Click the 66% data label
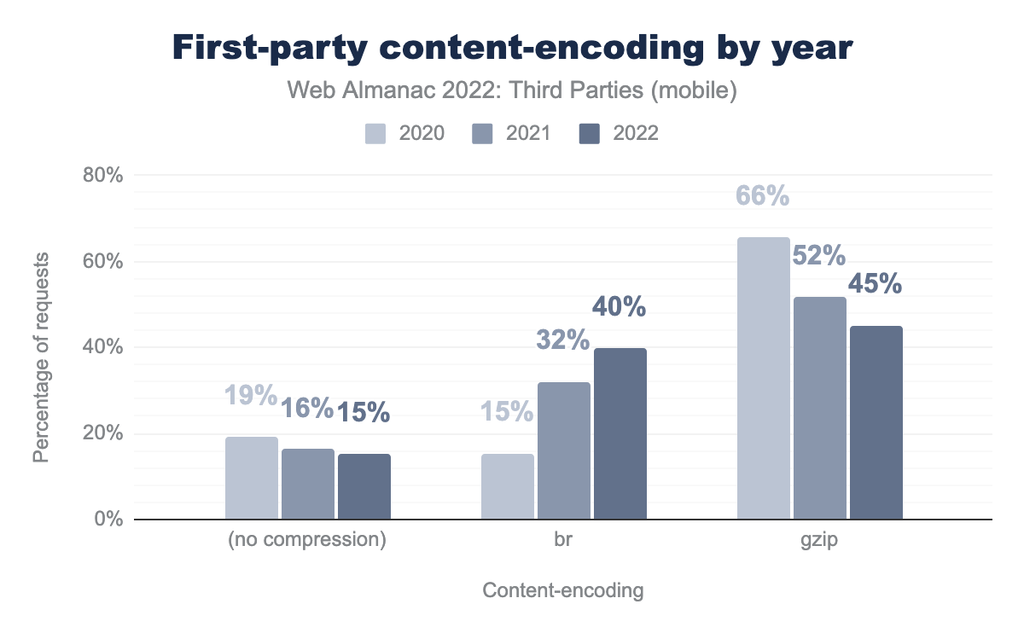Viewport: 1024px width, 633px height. (763, 196)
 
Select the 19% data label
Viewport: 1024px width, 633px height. (251, 395)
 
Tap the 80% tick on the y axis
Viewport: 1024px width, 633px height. (103, 176)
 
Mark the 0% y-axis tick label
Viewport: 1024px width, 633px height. (109, 519)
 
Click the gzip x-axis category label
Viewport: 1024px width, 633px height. (820, 541)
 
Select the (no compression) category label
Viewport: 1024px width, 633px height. (308, 541)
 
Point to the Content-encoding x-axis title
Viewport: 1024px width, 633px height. (563, 590)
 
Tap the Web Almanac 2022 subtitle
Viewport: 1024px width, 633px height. (512, 91)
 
